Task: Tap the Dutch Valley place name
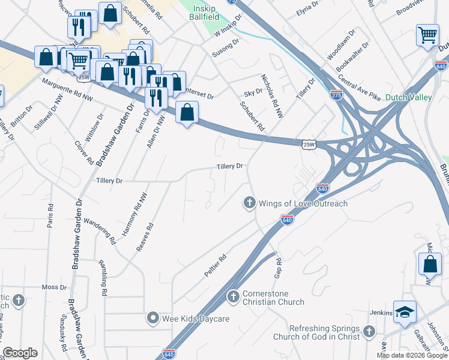pos(409,97)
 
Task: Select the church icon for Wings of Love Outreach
pos(249,203)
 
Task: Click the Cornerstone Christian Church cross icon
pos(234,297)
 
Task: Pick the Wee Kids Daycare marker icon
pos(153,318)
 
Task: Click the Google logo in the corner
pos(20,353)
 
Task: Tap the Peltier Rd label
pos(215,265)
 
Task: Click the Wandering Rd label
pos(100,231)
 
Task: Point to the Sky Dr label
pos(253,92)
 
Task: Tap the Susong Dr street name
pos(225,48)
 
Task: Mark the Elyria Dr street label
pos(316,9)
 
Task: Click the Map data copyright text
pos(411,355)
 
